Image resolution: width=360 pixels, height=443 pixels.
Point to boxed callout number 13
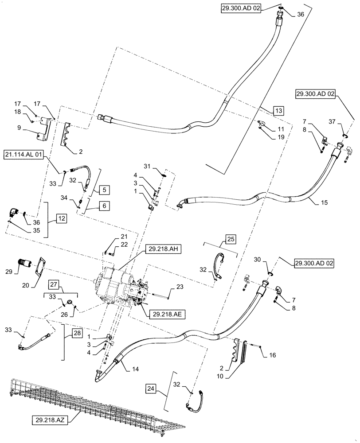278,110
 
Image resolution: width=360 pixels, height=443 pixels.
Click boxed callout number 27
65,284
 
